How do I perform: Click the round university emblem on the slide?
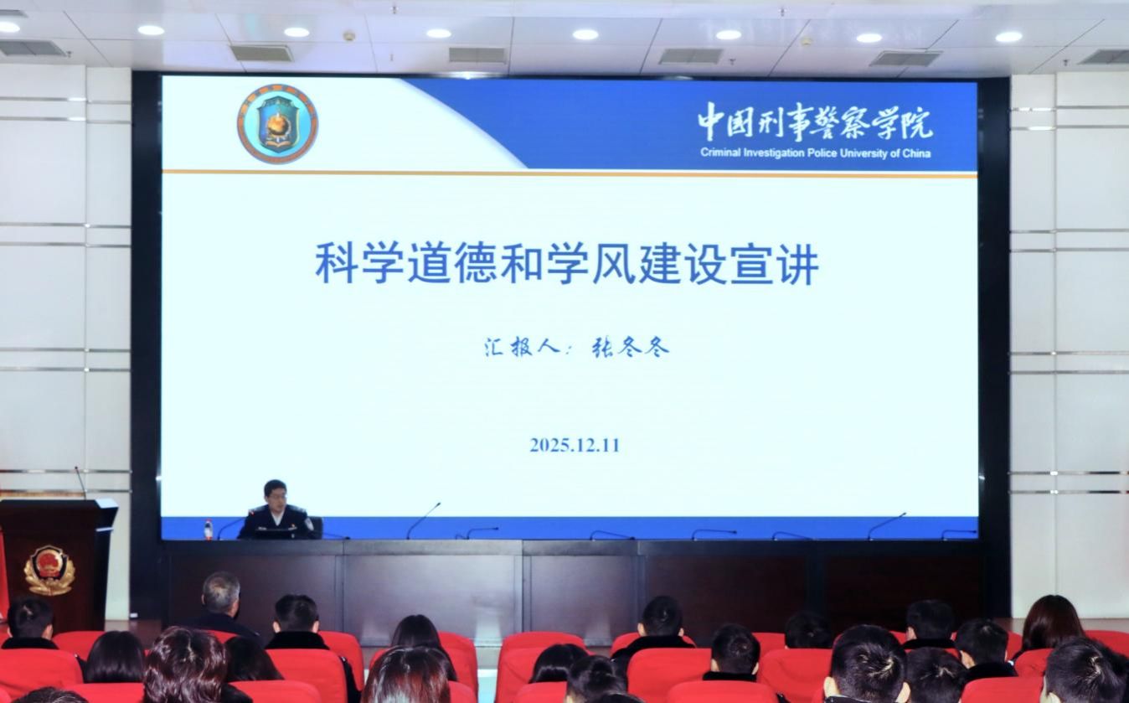pyautogui.click(x=278, y=123)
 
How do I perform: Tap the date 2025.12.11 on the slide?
pyautogui.click(x=574, y=445)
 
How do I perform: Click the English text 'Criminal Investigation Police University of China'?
pyautogui.click(x=815, y=153)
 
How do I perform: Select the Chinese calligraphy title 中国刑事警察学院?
pyautogui.click(x=815, y=122)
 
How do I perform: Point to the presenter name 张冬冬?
pyautogui.click(x=629, y=347)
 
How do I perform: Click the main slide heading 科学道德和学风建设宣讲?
pyautogui.click(x=566, y=263)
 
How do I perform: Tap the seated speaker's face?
pyautogui.click(x=276, y=497)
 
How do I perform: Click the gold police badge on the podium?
pyautogui.click(x=49, y=570)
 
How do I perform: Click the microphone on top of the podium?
pyautogui.click(x=80, y=482)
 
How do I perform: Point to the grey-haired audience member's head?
pyautogui.click(x=221, y=591)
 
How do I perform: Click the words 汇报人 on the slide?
pyautogui.click(x=521, y=347)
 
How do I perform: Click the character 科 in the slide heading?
pyautogui.click(x=337, y=264)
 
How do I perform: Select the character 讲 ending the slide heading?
pyautogui.click(x=797, y=264)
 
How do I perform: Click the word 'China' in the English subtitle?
pyautogui.click(x=916, y=154)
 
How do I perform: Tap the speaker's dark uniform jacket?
pyautogui.click(x=276, y=523)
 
